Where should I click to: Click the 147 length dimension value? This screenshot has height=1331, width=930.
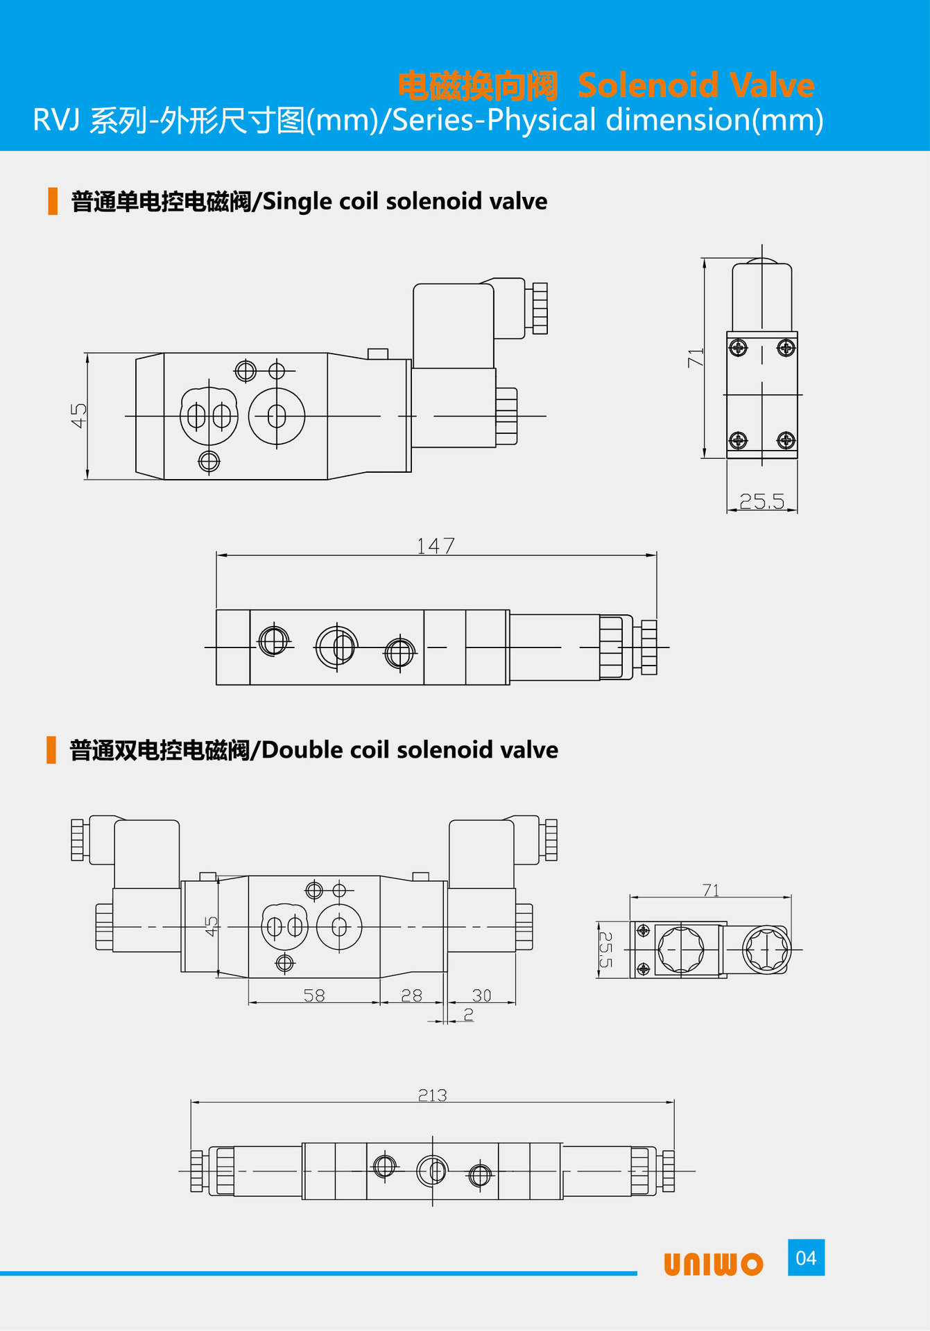click(436, 546)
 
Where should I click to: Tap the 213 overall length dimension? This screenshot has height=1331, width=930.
click(432, 1095)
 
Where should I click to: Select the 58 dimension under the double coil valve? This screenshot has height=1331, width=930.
click(314, 995)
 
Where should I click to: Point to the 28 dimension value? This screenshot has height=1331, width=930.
click(411, 995)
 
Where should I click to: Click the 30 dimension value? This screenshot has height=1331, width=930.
click(481, 995)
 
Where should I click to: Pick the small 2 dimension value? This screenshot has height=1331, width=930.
click(469, 1014)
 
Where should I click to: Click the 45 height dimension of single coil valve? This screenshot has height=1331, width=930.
click(78, 415)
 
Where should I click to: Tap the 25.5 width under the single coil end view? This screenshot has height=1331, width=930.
click(761, 501)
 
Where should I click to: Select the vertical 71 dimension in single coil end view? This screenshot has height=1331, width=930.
click(696, 358)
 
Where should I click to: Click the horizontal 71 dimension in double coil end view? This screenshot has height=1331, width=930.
click(711, 890)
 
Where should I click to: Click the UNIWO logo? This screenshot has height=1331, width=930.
click(713, 1264)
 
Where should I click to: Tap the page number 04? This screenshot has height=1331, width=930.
click(806, 1258)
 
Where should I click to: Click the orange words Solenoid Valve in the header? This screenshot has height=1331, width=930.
click(696, 85)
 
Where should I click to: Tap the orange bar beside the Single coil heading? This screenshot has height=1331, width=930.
click(53, 201)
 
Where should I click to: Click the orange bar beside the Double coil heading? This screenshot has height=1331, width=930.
click(51, 750)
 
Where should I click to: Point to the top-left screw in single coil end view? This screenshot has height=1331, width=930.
click(739, 347)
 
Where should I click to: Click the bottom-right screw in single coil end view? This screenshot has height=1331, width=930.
click(786, 440)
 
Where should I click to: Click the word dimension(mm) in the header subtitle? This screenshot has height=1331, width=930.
click(715, 120)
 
